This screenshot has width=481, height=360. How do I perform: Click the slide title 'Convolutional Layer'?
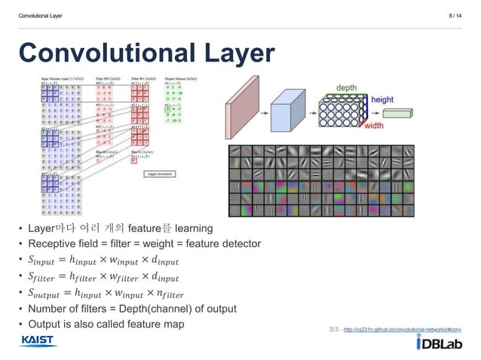click(146, 53)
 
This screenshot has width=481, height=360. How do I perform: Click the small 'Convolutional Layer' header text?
click(41, 13)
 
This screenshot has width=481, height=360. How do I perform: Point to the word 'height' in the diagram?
click(381, 99)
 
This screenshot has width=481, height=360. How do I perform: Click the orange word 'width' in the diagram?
click(375, 127)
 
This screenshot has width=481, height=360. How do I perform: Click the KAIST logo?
click(38, 341)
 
